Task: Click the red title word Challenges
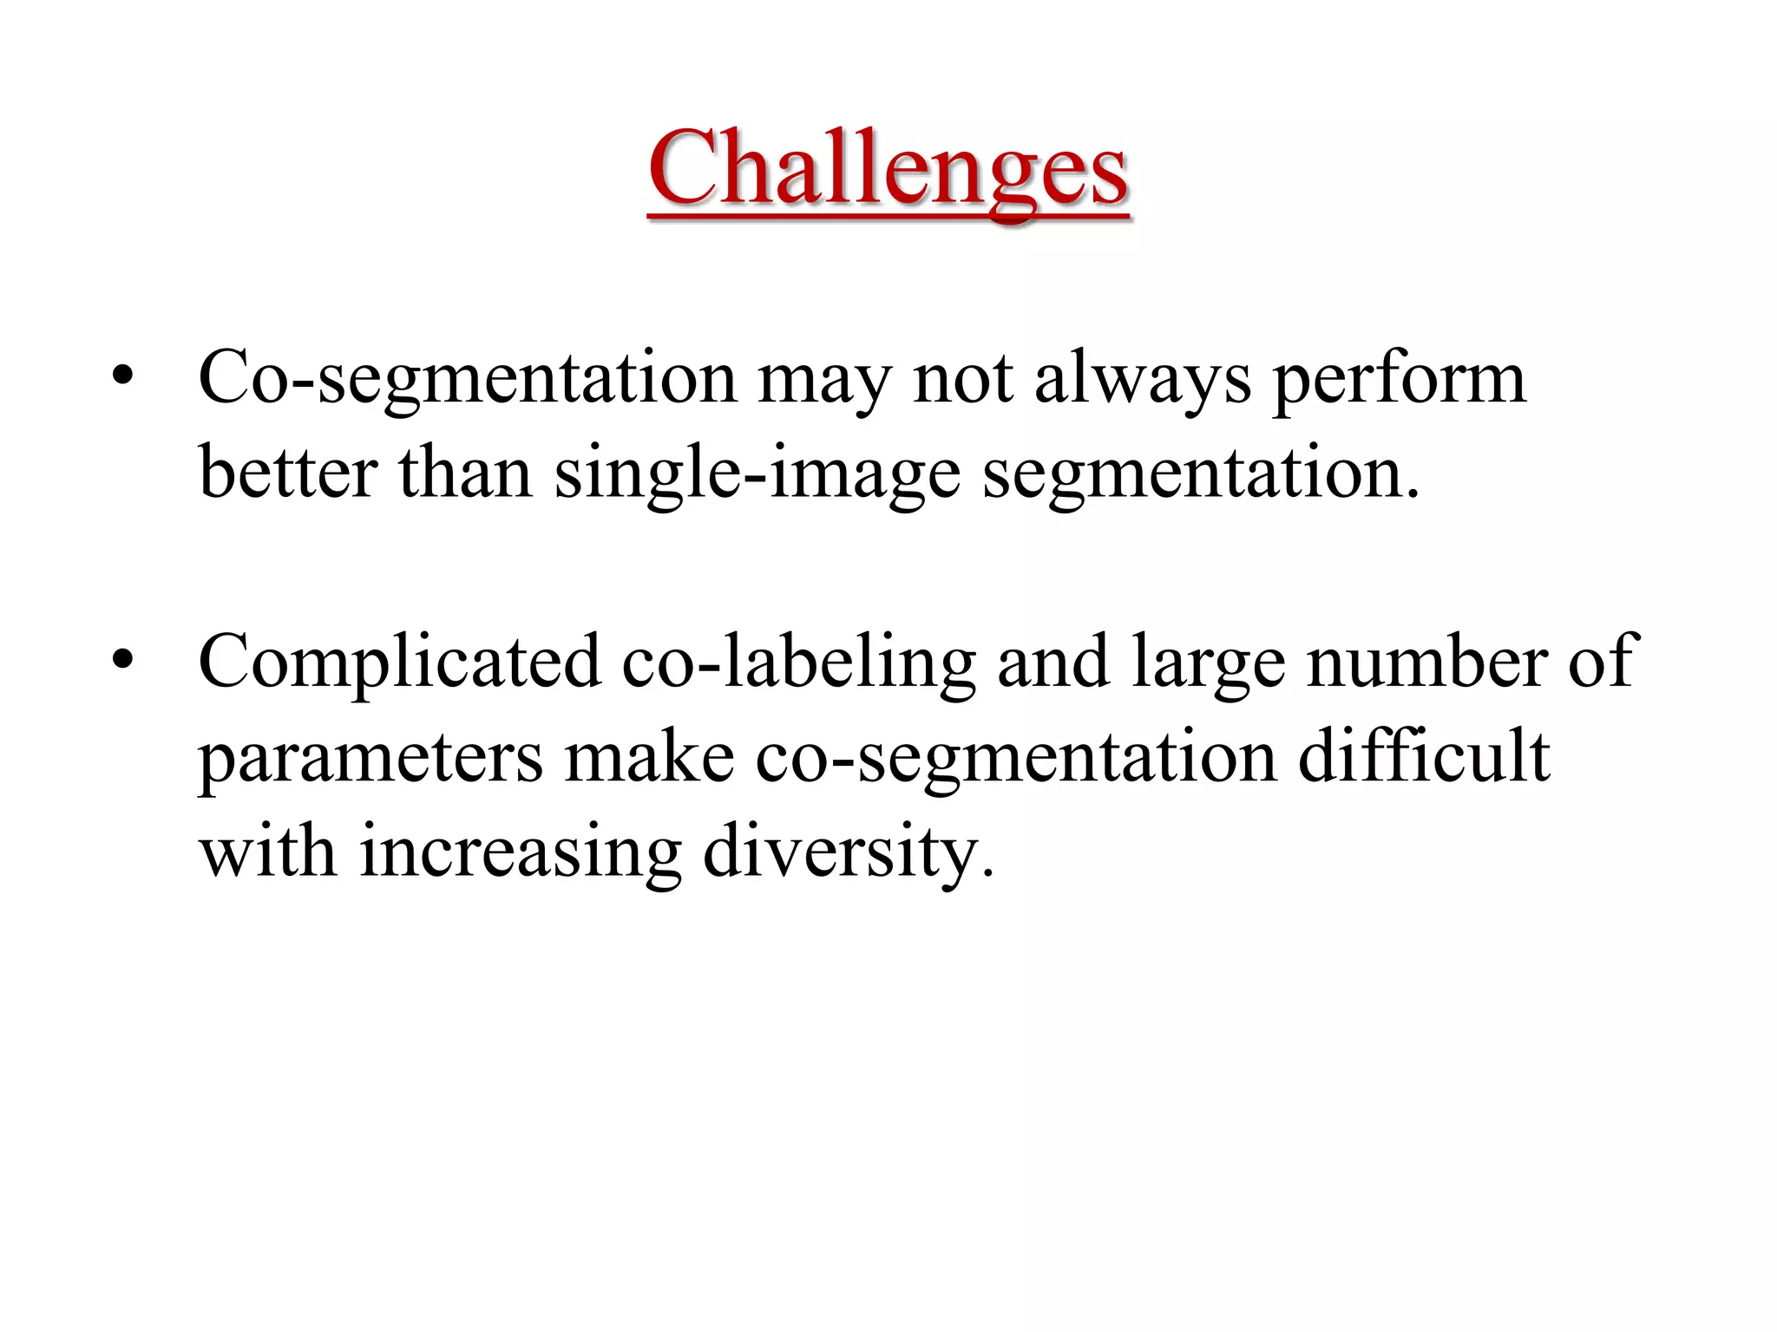[x=888, y=168]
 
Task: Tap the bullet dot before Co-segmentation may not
[x=123, y=376]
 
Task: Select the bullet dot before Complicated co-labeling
[x=123, y=660]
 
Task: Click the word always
[x=1143, y=380]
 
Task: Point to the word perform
[x=1399, y=380]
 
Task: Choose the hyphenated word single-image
[x=757, y=475]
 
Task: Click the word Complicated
[x=399, y=663]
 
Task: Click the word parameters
[x=370, y=758]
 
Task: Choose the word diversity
[x=842, y=853]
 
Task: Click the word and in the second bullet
[x=1053, y=661]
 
